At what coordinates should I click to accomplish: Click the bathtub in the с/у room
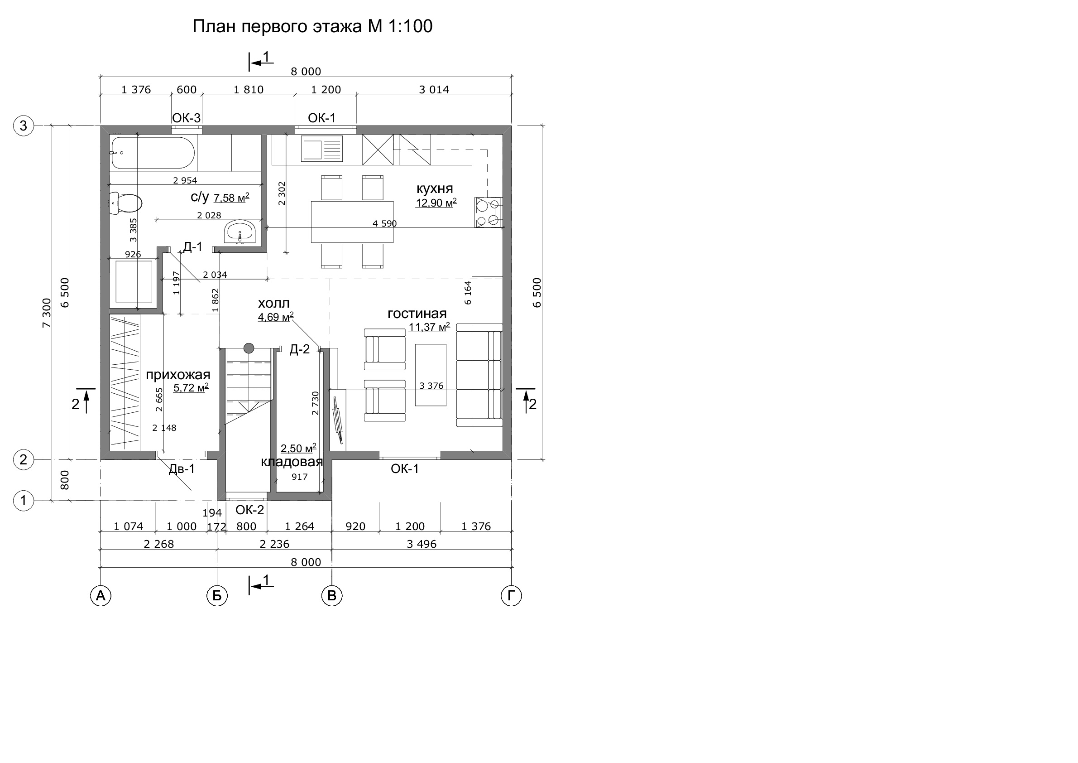(x=153, y=153)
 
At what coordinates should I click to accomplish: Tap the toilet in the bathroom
(x=125, y=203)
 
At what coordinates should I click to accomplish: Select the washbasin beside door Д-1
(x=240, y=232)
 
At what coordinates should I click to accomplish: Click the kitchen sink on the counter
(x=321, y=149)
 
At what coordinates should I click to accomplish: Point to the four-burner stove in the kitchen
(x=489, y=212)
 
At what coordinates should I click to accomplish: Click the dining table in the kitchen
(x=352, y=222)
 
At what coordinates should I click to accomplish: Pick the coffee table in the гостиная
(x=431, y=375)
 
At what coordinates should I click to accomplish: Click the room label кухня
(x=435, y=189)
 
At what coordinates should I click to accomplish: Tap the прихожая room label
(x=178, y=375)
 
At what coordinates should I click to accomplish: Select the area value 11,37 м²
(x=429, y=327)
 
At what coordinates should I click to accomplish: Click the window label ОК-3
(x=187, y=118)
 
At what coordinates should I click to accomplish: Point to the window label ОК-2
(x=250, y=510)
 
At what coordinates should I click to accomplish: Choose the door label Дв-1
(x=182, y=469)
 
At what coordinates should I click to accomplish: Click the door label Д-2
(x=300, y=349)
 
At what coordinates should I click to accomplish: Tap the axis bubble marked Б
(x=217, y=596)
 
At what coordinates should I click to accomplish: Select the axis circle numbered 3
(x=24, y=126)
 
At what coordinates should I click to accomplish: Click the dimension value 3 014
(x=434, y=90)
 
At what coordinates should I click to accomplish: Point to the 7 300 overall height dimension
(x=47, y=313)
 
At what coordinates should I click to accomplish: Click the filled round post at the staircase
(x=249, y=348)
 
